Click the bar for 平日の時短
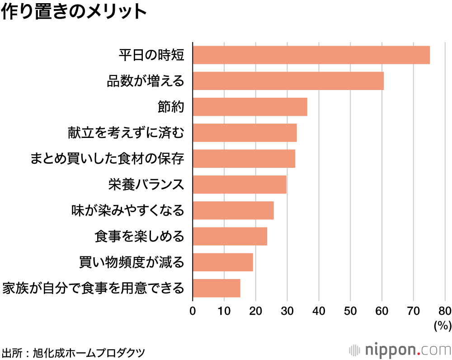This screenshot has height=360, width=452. tap(311, 55)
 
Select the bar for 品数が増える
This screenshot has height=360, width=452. tap(288, 81)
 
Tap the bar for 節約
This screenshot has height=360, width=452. tap(250, 107)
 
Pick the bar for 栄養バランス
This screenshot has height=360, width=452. tap(240, 185)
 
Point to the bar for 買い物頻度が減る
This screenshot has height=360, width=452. tap(223, 262)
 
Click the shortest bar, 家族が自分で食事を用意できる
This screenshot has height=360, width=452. tap(217, 288)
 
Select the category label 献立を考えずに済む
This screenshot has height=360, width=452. tap(125, 133)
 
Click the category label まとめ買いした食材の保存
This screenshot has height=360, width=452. tap(108, 159)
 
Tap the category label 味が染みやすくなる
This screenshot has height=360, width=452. tap(128, 210)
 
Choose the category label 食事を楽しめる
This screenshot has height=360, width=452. tap(140, 236)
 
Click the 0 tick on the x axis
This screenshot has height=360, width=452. tap(193, 311)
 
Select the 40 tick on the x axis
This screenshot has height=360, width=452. tap(319, 311)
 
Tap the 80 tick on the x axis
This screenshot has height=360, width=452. tap(445, 311)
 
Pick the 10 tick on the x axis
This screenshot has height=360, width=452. tap(224, 311)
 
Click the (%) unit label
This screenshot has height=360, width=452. tap(443, 325)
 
